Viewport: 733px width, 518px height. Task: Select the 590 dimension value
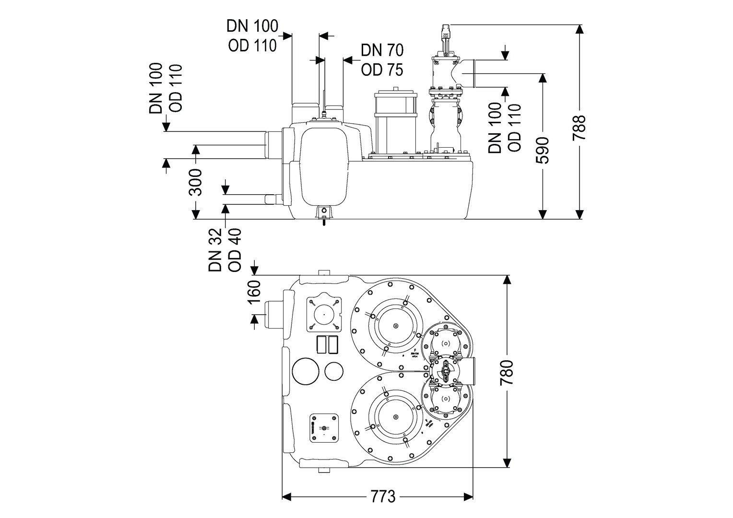point(543,150)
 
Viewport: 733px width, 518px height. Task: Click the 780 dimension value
point(507,372)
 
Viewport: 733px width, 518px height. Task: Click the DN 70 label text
point(382,50)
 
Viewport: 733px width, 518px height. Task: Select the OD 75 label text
point(382,70)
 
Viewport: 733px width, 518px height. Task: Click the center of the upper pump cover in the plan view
point(396,327)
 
